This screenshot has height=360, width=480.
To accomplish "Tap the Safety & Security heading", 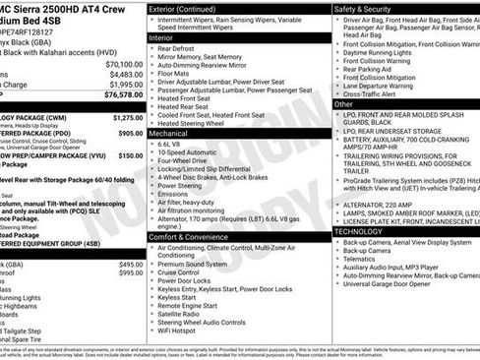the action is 363,9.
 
